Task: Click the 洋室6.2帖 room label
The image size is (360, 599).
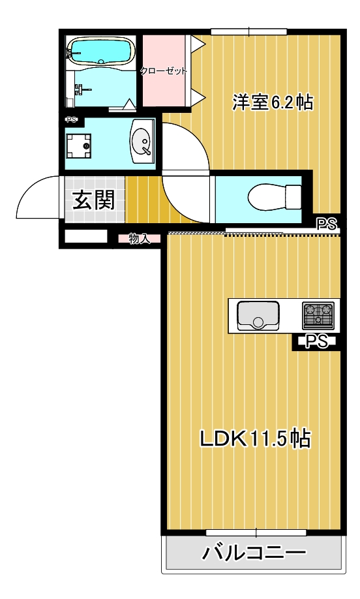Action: coord(273,102)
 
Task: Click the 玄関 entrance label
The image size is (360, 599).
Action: coord(93,200)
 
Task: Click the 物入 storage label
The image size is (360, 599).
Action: coord(139,238)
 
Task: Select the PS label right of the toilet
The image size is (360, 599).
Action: coord(327,224)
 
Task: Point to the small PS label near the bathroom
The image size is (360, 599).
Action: coord(71,119)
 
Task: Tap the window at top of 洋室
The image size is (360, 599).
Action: coord(249,31)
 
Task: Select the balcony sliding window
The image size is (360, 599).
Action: coord(256,532)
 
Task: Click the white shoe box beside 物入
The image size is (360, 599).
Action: coord(85,237)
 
